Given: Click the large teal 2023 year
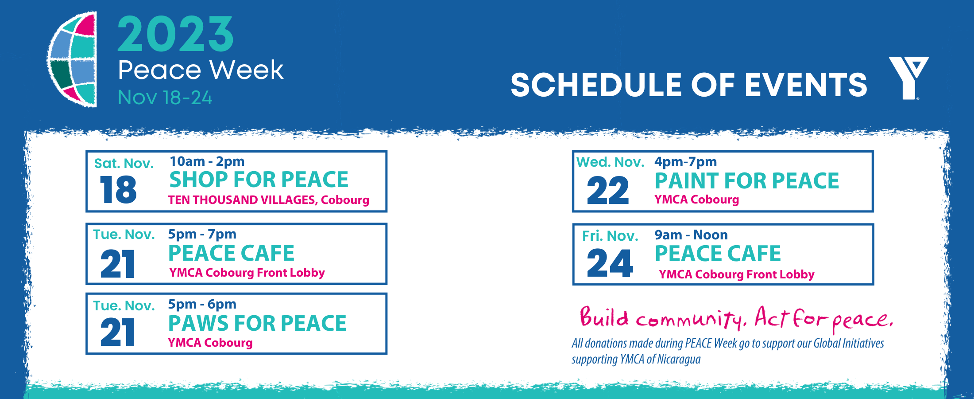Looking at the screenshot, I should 175,35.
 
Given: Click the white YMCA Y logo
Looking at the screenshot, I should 908,78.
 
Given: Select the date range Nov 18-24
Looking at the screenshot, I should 165,98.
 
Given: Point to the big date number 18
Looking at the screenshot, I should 118,190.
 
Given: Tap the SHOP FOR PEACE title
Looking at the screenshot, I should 259,180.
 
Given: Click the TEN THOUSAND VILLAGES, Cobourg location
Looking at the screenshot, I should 268,200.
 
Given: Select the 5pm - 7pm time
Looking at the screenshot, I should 202,234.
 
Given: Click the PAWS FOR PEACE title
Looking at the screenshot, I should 257,323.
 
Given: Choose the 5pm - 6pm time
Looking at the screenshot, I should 202,304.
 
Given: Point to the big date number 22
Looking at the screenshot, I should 607,191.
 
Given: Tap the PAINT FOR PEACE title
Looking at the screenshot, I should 747,181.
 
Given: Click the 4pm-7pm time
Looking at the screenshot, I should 685,162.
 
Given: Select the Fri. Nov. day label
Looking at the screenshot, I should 610,236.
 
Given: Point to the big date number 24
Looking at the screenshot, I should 610,263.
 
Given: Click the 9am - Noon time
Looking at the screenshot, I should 691,235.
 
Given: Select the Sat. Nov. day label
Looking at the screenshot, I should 124,164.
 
